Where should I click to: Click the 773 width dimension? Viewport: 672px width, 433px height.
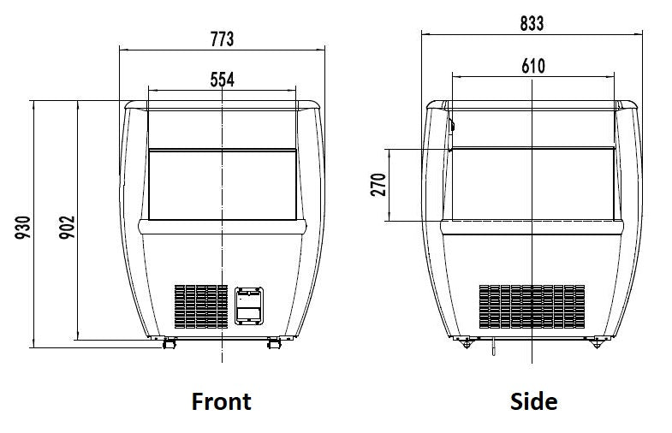(221, 39)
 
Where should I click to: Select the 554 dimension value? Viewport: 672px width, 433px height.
(222, 79)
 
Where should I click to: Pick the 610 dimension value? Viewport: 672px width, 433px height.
(532, 66)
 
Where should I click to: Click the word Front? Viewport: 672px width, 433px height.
(221, 400)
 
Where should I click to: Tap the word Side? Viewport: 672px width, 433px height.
(533, 400)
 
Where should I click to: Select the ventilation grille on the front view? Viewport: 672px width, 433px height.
(200, 305)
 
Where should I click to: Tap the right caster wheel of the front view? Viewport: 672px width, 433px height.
(274, 343)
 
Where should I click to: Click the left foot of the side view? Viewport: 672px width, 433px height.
(467, 343)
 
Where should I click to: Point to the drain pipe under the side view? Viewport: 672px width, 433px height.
(495, 347)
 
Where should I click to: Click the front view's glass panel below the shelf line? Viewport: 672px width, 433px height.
(222, 183)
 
